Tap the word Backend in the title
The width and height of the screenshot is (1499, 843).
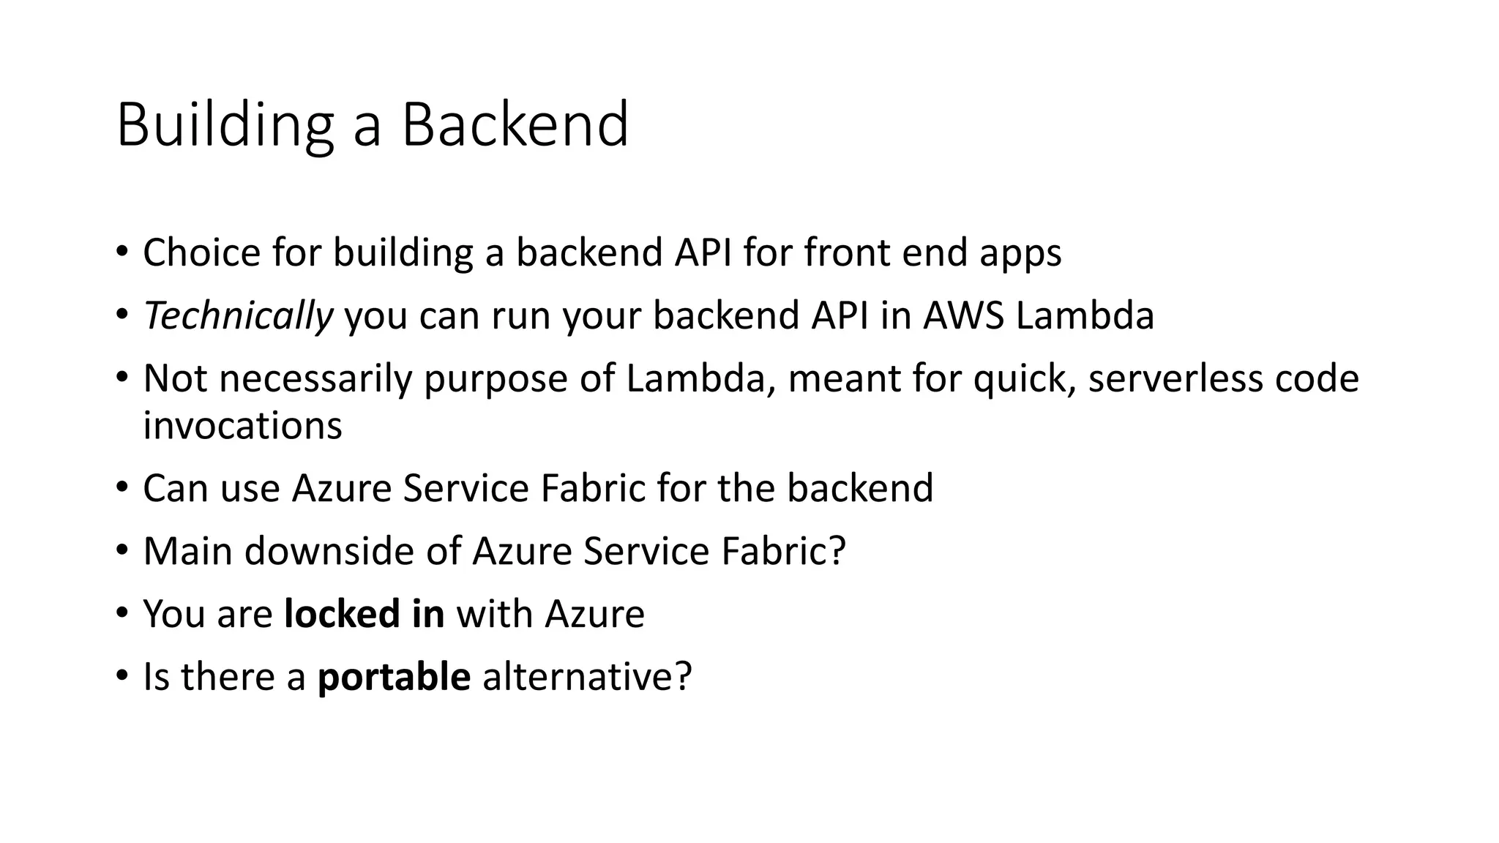[515, 125]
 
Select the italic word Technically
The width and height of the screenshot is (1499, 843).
[238, 316]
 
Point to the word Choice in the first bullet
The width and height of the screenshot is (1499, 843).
[201, 253]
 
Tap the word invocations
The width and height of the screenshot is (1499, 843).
[242, 426]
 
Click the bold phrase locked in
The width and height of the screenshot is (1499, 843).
[364, 613]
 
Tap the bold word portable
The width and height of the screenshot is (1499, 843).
[394, 676]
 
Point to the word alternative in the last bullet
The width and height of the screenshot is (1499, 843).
[586, 676]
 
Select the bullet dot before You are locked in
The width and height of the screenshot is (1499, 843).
[122, 612]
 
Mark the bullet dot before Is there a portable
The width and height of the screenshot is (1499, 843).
[122, 675]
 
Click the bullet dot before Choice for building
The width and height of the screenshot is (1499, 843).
[122, 252]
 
